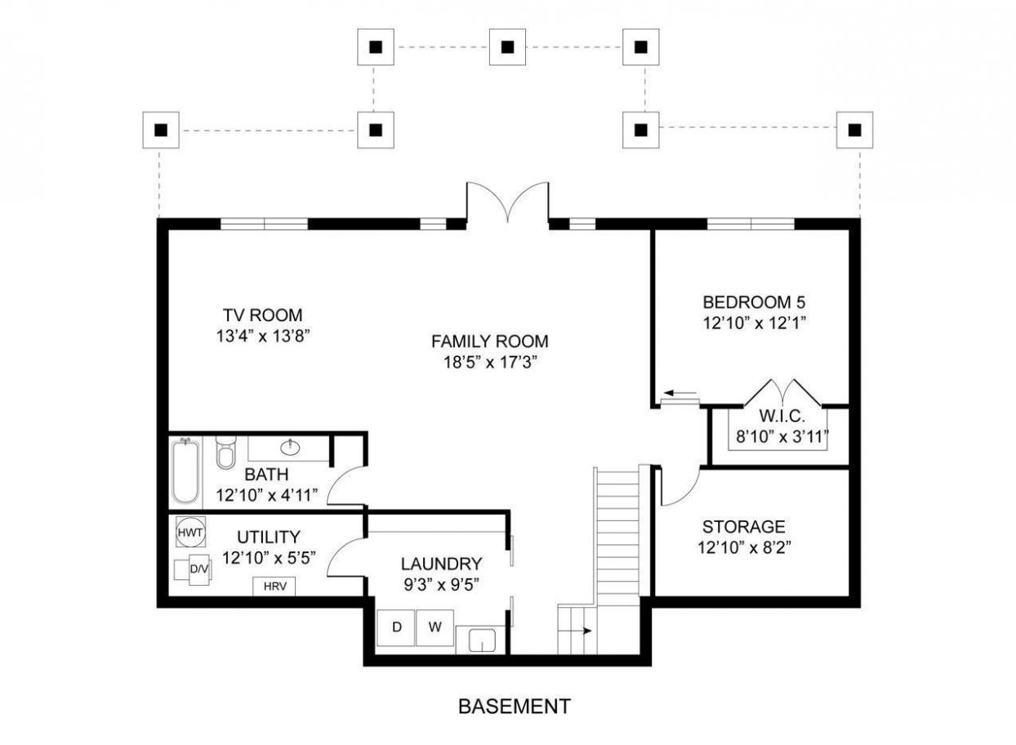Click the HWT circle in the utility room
coord(190,533)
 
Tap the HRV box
coord(274,587)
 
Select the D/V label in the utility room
coord(199,569)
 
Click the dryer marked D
coord(396,627)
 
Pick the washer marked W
coord(434,627)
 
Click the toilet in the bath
coord(224,453)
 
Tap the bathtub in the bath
coord(185,471)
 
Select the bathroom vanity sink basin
coord(290,448)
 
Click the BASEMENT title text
coord(515,707)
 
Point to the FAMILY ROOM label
coord(490,341)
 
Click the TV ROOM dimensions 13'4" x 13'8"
coord(263,337)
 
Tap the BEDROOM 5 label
coord(754,302)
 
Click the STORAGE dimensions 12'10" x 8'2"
coord(744,548)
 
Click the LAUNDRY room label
coord(441,564)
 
